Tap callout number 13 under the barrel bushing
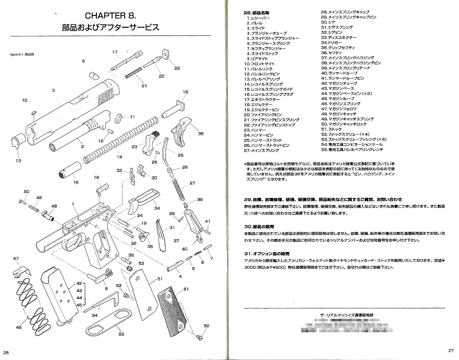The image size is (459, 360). point(18,161)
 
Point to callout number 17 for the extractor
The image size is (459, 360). point(115,52)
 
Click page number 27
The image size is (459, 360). point(450,350)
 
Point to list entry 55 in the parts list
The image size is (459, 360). point(352,149)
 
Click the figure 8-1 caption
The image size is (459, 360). point(22,54)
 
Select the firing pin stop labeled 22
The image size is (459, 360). point(166,54)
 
